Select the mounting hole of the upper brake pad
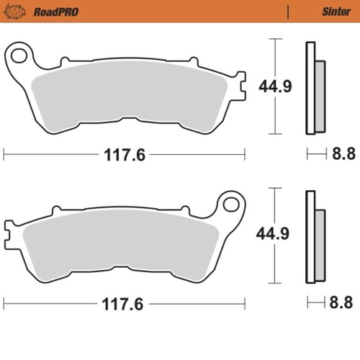(x=19, y=54)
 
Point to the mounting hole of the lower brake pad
(x=232, y=203)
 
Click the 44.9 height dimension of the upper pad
(x=274, y=87)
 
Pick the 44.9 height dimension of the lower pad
(x=274, y=234)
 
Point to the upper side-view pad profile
(x=315, y=89)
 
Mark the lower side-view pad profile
(x=315, y=235)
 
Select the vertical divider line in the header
(x=288, y=12)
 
